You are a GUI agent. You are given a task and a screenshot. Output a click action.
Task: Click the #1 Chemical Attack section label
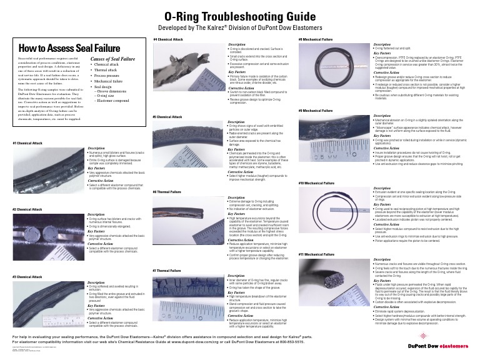(27, 142)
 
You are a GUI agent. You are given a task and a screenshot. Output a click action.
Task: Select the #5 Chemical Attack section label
(168, 117)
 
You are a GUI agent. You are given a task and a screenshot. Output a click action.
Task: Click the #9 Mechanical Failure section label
(316, 111)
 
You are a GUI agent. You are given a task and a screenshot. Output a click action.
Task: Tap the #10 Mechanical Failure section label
(316, 183)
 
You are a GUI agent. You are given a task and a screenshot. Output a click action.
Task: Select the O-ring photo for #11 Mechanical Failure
(334, 286)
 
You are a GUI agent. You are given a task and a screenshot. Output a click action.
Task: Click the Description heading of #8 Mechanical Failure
(382, 45)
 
